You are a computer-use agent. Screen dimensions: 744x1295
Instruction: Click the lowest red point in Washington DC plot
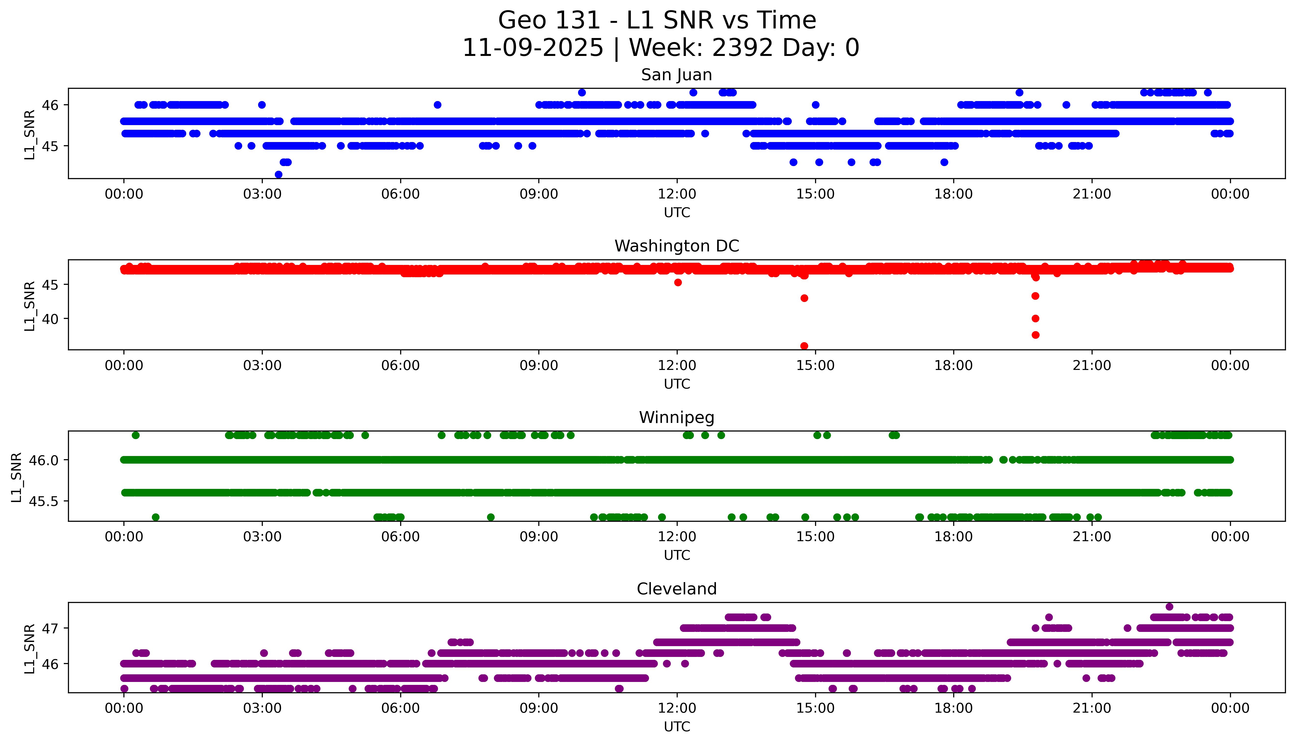coord(804,346)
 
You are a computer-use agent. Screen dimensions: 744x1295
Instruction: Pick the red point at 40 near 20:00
coord(1035,318)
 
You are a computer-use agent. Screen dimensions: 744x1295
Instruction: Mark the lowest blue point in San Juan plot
coord(278,174)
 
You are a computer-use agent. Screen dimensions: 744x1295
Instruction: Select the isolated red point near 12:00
coord(678,283)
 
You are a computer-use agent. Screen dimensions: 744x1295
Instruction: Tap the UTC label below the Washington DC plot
coord(677,384)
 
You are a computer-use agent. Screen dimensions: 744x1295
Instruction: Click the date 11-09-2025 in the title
coord(532,48)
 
